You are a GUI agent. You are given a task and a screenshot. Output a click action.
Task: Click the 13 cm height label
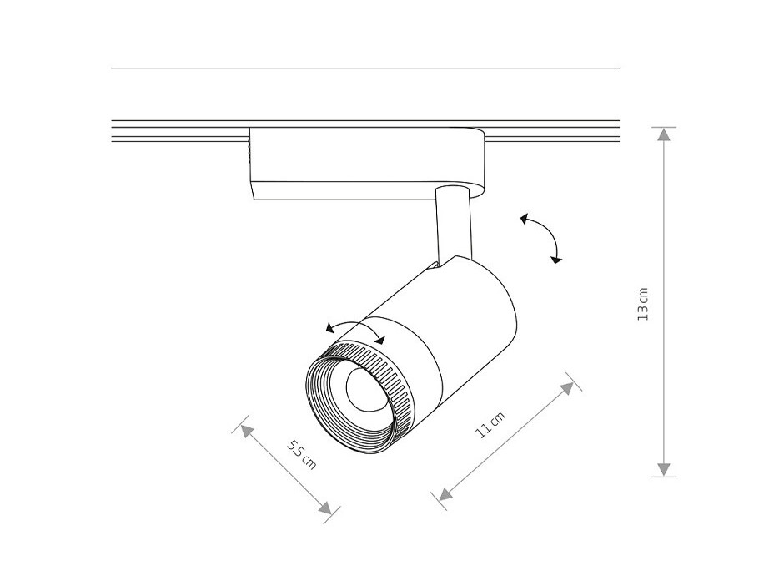[x=643, y=304]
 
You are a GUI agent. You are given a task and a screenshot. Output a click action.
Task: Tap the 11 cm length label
[x=490, y=425]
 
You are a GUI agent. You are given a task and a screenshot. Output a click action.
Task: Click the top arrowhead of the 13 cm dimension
[x=664, y=134]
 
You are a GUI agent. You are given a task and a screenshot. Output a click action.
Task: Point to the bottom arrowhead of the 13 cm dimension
[x=664, y=470]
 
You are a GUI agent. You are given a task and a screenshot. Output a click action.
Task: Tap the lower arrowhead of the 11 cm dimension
[x=445, y=493]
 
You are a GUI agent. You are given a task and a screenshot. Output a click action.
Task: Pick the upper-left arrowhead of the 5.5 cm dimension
[x=246, y=432]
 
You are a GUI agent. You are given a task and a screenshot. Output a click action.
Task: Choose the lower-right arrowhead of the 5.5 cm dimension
[x=325, y=508]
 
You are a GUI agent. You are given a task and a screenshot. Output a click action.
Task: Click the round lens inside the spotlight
[x=365, y=389]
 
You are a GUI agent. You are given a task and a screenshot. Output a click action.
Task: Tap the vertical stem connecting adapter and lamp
[x=453, y=225]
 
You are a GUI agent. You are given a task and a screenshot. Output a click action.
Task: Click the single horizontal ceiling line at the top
[x=365, y=68]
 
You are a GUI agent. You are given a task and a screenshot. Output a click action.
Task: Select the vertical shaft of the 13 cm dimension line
[x=664, y=302]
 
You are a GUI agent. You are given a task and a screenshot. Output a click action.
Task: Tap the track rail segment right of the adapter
[x=552, y=131]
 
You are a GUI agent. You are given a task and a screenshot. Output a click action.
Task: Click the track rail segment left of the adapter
[x=180, y=131]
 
